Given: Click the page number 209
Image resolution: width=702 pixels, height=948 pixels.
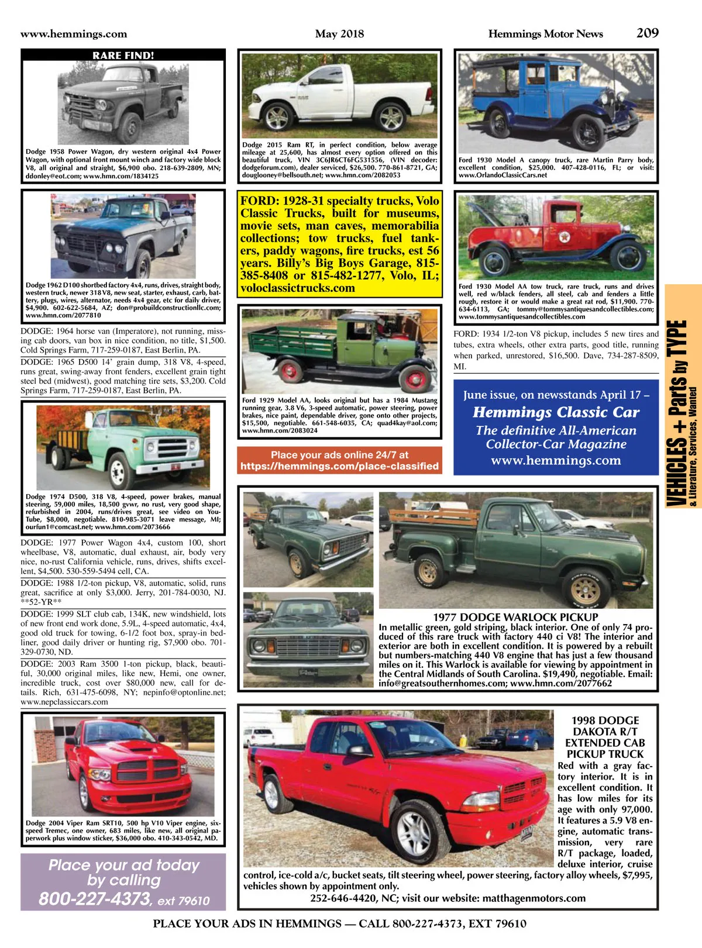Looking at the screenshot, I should coord(647,33).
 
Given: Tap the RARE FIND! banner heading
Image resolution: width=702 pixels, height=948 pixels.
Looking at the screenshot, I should coord(123,56).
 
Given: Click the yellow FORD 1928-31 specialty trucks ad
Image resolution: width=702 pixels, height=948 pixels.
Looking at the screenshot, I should coord(339,244).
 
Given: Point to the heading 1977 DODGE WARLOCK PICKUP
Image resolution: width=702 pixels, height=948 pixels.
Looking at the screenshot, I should coord(515,617).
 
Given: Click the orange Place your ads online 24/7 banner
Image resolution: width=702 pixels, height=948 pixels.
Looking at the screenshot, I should coord(339,460).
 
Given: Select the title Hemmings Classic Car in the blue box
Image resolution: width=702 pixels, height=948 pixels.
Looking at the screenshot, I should coord(556,412).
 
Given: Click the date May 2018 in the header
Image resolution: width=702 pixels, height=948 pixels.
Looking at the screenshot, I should coord(339,34).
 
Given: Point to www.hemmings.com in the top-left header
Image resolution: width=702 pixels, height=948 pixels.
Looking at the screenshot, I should coord(74,34).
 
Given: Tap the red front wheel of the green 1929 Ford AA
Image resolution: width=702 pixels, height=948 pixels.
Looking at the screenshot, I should coord(288,371).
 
